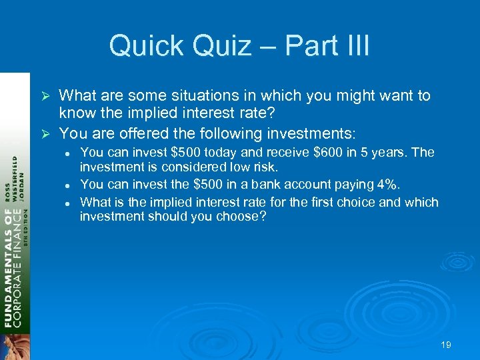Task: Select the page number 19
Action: (446, 345)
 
